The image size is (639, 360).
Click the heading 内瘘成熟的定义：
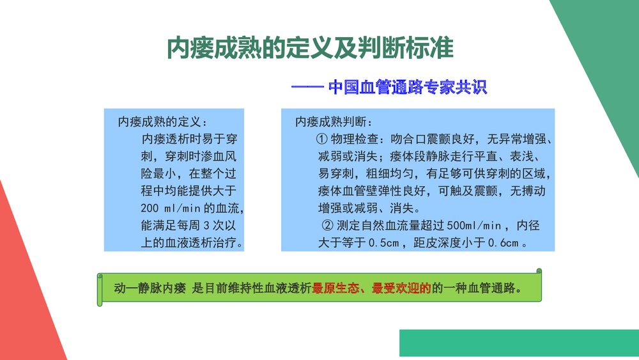click(x=162, y=121)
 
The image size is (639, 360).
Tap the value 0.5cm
click(x=384, y=243)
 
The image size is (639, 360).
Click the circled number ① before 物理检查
click(x=322, y=139)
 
